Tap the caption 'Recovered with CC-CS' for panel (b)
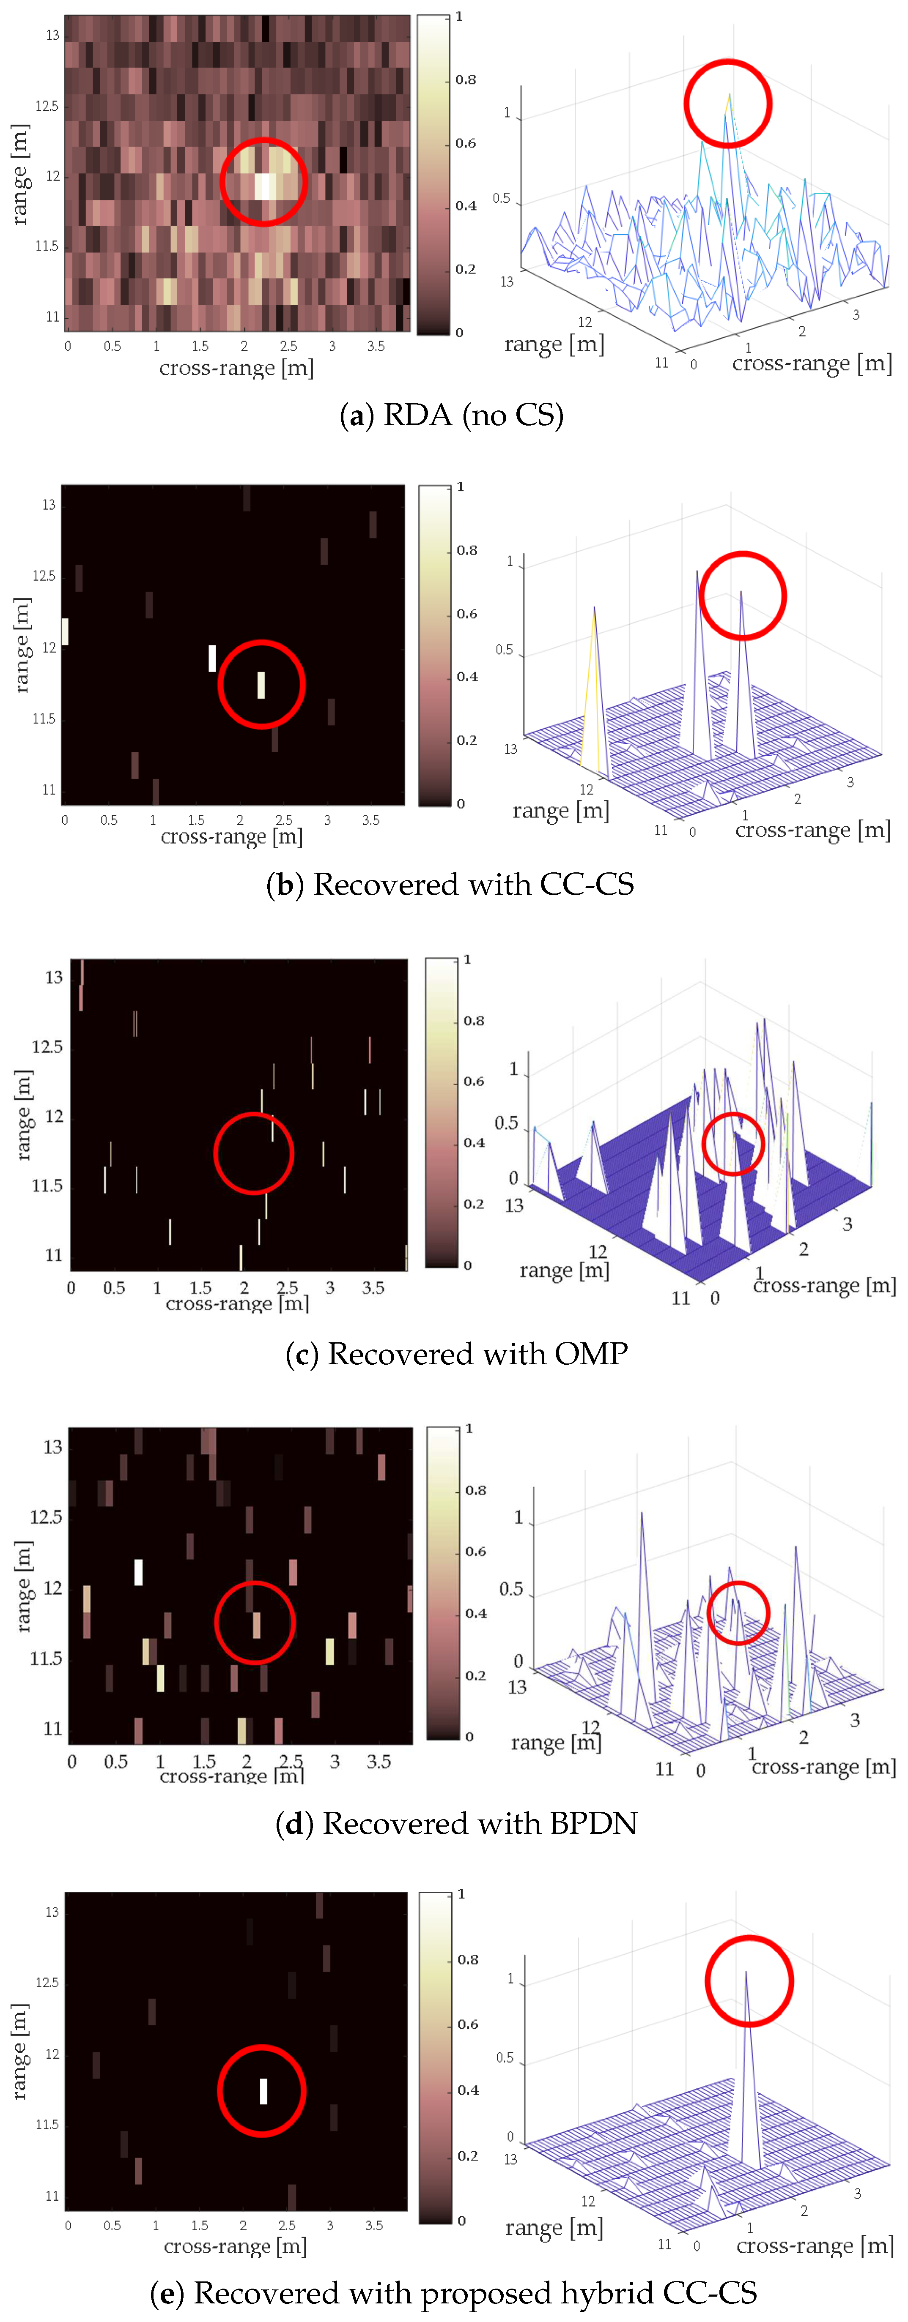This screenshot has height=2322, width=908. click(473, 884)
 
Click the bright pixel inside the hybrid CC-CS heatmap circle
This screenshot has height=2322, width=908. click(263, 2090)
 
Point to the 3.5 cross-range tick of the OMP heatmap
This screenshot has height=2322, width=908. click(373, 1287)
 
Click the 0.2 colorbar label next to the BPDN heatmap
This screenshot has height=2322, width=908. click(475, 1675)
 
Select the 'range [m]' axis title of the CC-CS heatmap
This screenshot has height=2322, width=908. click(22, 645)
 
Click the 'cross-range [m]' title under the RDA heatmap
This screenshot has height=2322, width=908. click(236, 368)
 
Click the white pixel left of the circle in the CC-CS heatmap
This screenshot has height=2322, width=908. click(212, 658)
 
